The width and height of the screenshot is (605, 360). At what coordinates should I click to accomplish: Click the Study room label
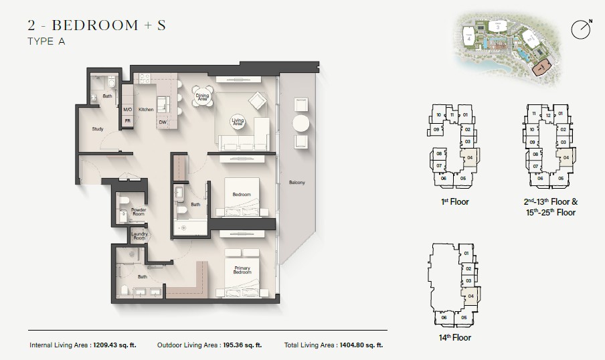point(97,130)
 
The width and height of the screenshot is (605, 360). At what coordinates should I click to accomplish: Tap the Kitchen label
point(146,109)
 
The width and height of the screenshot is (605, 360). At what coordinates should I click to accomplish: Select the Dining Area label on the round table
point(202,98)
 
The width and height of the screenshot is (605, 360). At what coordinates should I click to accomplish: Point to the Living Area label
point(237,121)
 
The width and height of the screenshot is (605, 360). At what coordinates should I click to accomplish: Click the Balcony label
point(297,183)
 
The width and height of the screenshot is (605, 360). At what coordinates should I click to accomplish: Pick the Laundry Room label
point(139,236)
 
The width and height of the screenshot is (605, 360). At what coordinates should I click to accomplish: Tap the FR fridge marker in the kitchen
point(127,121)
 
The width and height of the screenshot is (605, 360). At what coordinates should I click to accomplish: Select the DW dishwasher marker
point(163,122)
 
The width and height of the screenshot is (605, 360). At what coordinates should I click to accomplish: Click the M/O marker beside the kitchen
point(127,109)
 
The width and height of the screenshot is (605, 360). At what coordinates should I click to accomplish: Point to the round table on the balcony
point(300,124)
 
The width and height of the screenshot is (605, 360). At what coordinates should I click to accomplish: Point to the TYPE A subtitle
point(47,41)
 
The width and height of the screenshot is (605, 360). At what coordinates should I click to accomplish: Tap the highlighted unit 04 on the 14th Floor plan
point(470,295)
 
